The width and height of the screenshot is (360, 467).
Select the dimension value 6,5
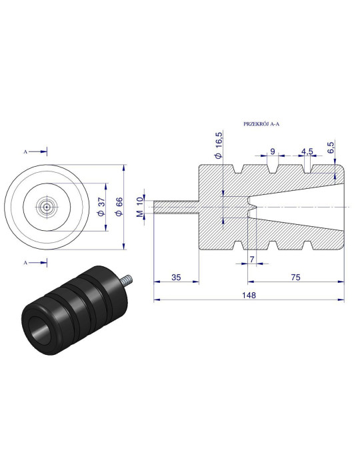coord(331,148)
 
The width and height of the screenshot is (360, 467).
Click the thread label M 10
coord(140,206)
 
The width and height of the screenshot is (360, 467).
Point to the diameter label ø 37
coord(100,207)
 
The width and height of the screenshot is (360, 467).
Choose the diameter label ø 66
coord(119,207)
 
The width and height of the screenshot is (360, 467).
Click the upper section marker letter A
coord(25,151)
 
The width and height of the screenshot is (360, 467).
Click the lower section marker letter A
coord(25,263)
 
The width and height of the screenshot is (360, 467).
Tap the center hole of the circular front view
coord(47,207)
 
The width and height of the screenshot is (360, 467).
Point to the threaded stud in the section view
coord(176,207)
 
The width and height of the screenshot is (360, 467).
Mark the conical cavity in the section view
coord(307,207)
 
